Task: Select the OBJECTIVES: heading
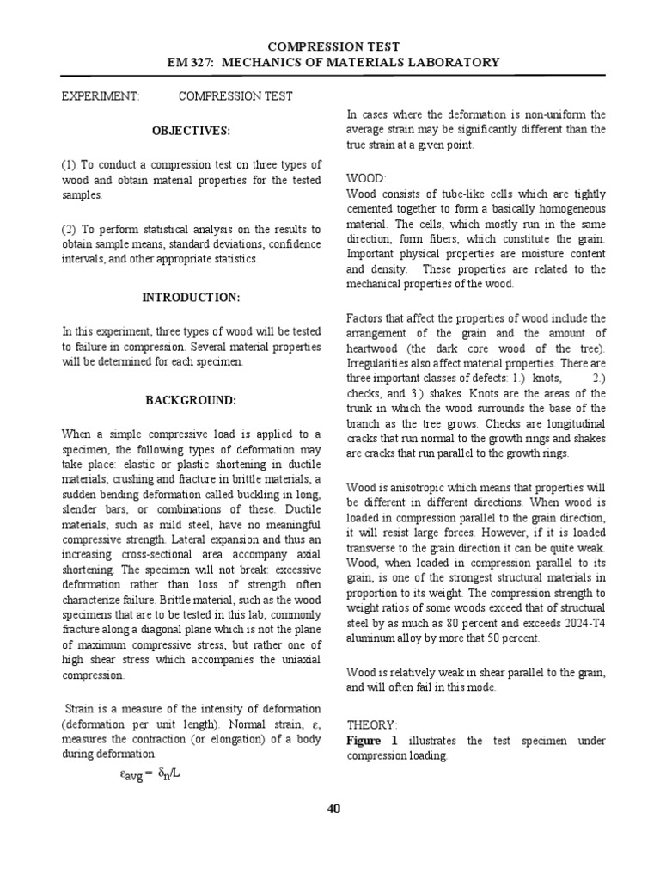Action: (x=192, y=130)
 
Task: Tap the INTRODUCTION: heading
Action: (x=191, y=297)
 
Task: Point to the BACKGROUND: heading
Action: (x=191, y=400)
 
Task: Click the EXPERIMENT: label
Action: (x=101, y=96)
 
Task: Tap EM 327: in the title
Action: (x=197, y=62)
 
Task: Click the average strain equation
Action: (x=151, y=773)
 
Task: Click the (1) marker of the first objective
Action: (x=70, y=163)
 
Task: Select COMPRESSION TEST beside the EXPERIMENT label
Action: (x=235, y=96)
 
